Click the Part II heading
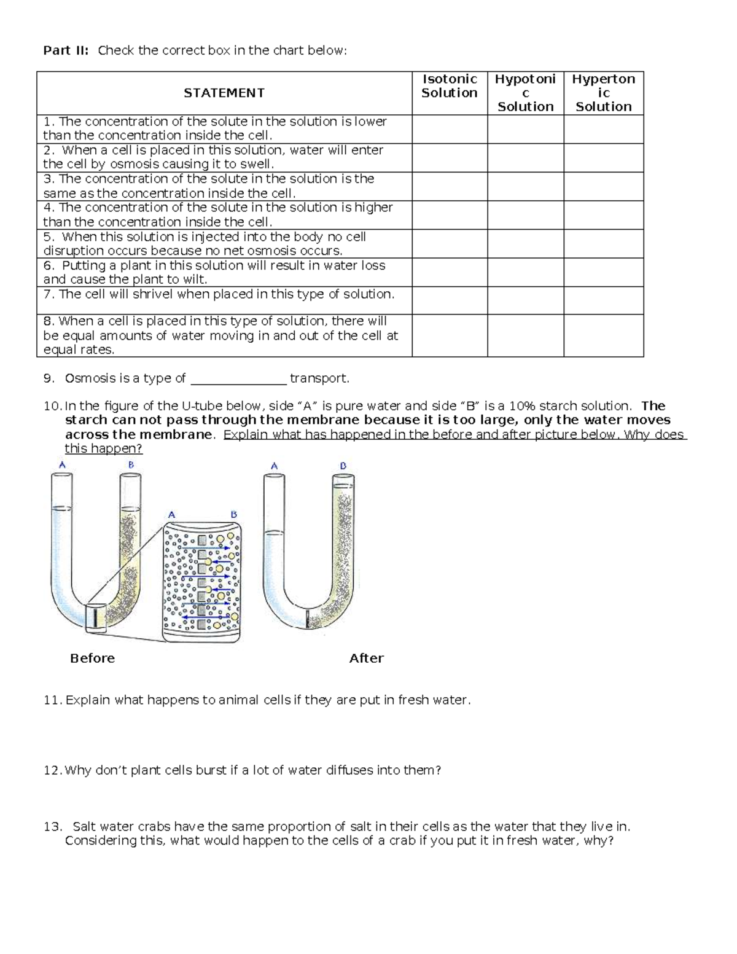pyautogui.click(x=66, y=50)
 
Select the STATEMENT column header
pyautogui.click(x=224, y=93)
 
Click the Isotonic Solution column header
pyautogui.click(x=450, y=86)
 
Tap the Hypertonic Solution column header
pyautogui.click(x=603, y=93)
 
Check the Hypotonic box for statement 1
pyautogui.click(x=525, y=129)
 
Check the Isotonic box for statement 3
pyautogui.click(x=450, y=186)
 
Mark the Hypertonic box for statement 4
pyautogui.click(x=603, y=215)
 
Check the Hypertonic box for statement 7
pyautogui.click(x=603, y=300)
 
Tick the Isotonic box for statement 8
pyautogui.click(x=450, y=335)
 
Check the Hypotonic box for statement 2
pyautogui.click(x=525, y=158)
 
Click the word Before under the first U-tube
pyautogui.click(x=92, y=659)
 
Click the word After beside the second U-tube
pyautogui.click(x=366, y=659)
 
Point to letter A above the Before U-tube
pyautogui.click(x=62, y=466)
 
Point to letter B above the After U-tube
pyautogui.click(x=343, y=466)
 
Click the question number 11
pyautogui.click(x=52, y=700)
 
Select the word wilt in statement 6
pyautogui.click(x=195, y=280)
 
